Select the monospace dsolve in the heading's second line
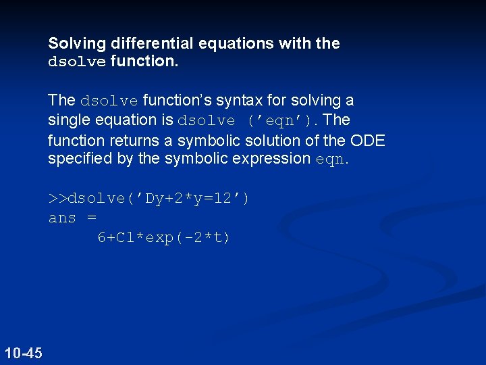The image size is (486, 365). coord(77,62)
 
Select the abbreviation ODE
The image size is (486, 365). coord(368,140)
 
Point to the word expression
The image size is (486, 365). coord(277,159)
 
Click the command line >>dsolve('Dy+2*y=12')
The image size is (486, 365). coord(148,199)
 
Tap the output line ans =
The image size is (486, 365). coord(72,218)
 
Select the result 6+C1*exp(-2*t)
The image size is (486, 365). coord(163,237)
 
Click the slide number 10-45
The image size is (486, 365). coord(23,353)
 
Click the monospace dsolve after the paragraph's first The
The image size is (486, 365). coord(109,101)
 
